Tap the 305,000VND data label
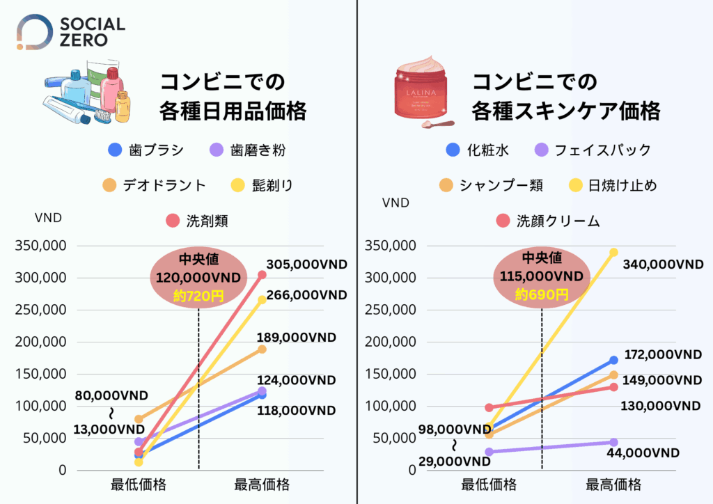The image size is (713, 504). (306, 265)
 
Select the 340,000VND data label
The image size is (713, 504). (663, 265)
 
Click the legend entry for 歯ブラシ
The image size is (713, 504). (146, 150)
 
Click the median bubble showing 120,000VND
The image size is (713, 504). (198, 276)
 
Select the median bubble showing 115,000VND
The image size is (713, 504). (542, 276)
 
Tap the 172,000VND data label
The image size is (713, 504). (663, 354)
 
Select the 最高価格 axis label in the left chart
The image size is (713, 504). (261, 485)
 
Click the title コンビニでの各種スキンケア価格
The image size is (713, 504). (565, 97)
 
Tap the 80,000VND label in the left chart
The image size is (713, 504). (111, 395)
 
